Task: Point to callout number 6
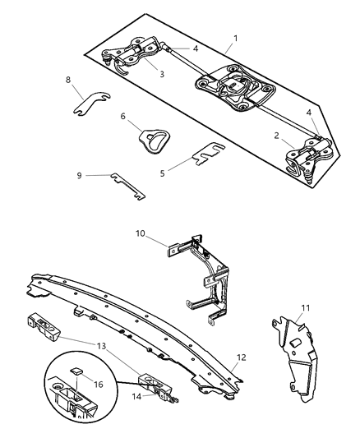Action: pos(124,117)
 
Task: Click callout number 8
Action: pos(69,80)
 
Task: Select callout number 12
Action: pos(241,358)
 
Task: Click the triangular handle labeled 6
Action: pos(150,137)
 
